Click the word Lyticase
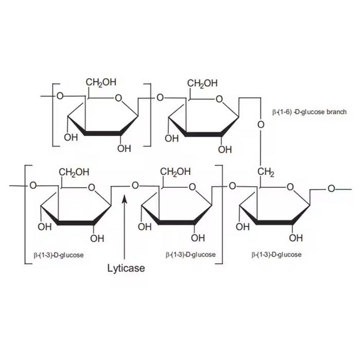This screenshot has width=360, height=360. tap(126, 268)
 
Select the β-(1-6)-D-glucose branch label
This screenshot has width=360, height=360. tap(309, 112)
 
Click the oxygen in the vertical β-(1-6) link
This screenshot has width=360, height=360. tap(261, 124)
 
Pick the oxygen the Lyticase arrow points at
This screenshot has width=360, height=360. tap(135, 185)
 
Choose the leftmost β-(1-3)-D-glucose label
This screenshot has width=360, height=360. tap(59, 255)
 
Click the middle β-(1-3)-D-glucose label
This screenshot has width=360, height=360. tap(191, 255)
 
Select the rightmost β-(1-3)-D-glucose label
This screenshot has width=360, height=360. tap(277, 255)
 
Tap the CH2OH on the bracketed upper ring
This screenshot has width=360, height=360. tap(101, 82)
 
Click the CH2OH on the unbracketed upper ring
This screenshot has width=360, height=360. tap(202, 83)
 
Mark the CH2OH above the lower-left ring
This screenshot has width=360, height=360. tap(74, 172)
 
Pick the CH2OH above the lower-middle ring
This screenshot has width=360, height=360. tap(175, 171)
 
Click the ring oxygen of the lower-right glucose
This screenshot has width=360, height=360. tap(291, 187)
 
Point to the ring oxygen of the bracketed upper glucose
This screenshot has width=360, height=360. tap(118, 98)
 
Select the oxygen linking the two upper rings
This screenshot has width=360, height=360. tap(160, 98)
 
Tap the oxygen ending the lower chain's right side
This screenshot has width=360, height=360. tap(331, 189)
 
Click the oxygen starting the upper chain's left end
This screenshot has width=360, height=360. tap(60, 96)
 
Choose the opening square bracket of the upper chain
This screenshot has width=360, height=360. tap(53, 115)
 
